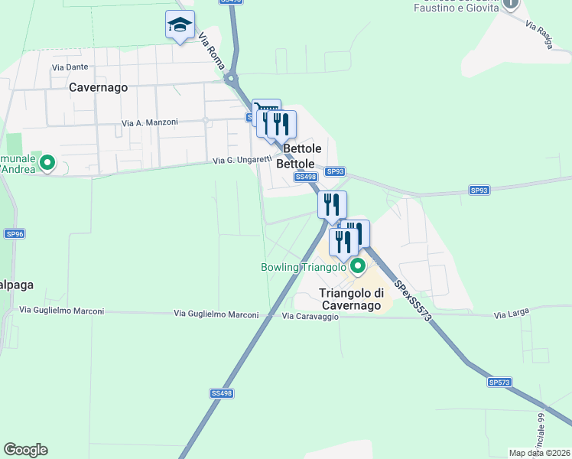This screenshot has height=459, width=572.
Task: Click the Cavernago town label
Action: (x=98, y=87)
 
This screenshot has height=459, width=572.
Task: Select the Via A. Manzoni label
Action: (x=150, y=122)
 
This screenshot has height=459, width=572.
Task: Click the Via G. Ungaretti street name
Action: (x=242, y=161)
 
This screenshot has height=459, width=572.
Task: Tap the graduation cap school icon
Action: (x=180, y=25)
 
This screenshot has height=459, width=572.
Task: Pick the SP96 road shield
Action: (x=15, y=233)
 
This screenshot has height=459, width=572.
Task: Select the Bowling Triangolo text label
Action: (x=304, y=267)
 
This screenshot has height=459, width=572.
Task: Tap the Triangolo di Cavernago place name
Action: (x=349, y=299)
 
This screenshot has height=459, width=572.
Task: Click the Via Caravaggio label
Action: (x=310, y=316)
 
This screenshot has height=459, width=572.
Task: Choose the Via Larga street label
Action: (x=511, y=314)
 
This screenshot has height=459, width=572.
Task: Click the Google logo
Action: (x=25, y=450)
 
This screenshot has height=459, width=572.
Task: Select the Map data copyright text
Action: (x=540, y=453)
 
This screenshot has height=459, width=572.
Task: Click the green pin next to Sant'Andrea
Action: (x=47, y=162)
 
